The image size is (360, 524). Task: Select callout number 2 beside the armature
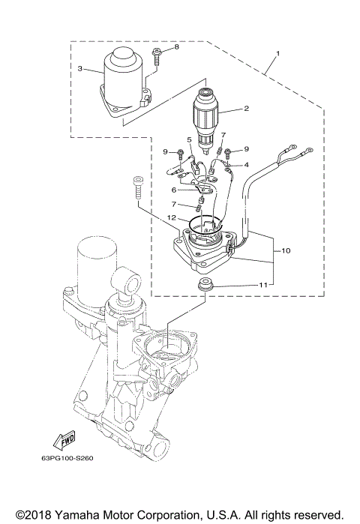point(245,109)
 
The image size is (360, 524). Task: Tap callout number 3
point(80,68)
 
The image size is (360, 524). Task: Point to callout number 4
point(246,165)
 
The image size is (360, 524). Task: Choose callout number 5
point(189,139)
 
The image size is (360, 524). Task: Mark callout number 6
point(174,190)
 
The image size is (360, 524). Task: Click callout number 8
point(177,47)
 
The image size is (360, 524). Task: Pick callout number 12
point(172,217)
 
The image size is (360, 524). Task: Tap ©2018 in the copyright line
point(31,515)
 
